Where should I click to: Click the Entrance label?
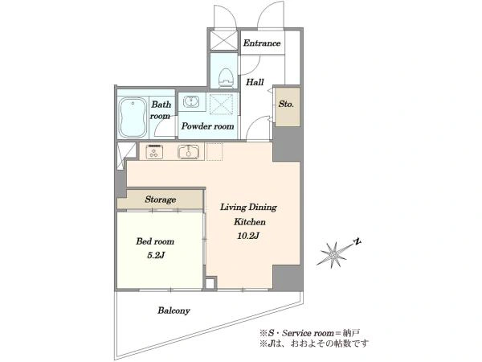[262, 43]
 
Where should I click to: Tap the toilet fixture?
[227, 77]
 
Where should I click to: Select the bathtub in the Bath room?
[133, 117]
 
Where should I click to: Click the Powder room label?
[207, 126]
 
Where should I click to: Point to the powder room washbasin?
[191, 101]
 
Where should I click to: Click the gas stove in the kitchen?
[154, 151]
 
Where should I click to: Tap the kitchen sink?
[189, 151]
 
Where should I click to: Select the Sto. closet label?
[286, 104]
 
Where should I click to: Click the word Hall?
[255, 82]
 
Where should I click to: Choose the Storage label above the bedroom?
[161, 200]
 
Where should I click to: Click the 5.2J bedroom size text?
[156, 255]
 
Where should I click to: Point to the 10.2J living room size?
[248, 236]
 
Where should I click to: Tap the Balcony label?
[174, 311]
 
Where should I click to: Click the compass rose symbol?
[334, 254]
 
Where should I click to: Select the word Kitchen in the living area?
[250, 222]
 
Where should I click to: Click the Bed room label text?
[155, 241]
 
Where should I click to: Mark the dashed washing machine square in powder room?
[221, 105]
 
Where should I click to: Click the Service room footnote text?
[309, 333]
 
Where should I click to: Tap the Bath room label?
[161, 110]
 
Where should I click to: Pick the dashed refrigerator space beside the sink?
[214, 151]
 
